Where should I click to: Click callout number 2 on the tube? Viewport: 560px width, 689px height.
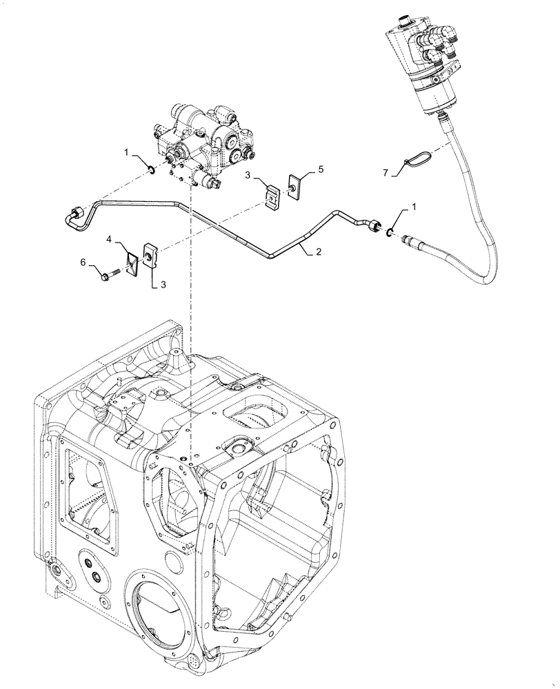click(318, 253)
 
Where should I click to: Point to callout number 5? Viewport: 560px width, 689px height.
click(301, 169)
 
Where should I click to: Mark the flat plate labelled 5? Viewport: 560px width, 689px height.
click(294, 183)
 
